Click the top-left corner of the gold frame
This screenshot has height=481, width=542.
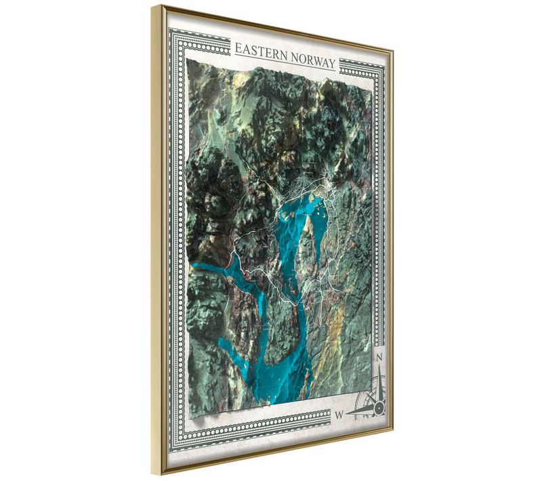pos(154,7)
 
